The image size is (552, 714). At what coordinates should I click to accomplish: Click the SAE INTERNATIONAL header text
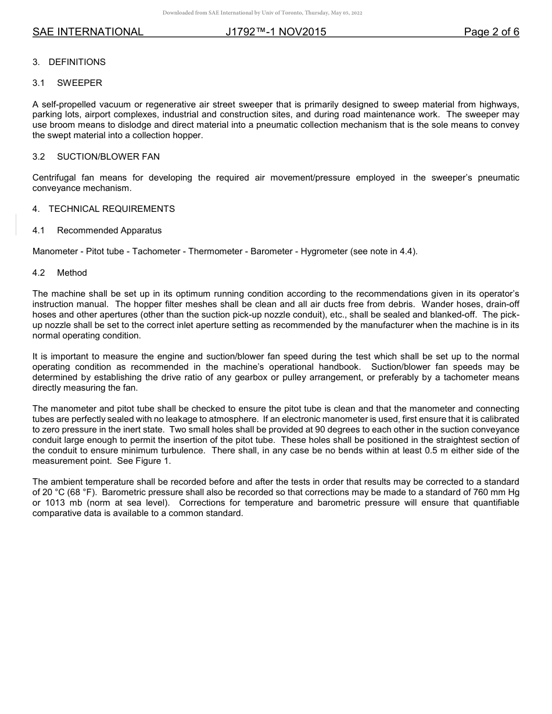click(x=88, y=32)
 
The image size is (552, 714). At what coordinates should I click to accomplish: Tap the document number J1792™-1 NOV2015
click(x=276, y=32)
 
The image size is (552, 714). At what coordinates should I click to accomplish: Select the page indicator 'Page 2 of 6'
click(x=492, y=32)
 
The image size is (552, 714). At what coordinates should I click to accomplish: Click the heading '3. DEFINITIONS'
click(x=69, y=62)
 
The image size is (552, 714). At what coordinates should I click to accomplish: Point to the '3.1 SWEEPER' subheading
click(x=67, y=83)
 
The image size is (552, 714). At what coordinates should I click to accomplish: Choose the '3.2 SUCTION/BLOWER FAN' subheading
click(x=96, y=157)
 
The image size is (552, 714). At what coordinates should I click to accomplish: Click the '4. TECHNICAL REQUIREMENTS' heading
click(x=103, y=209)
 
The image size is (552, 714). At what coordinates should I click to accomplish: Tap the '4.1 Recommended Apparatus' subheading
click(x=97, y=230)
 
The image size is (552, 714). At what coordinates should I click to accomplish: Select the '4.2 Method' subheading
click(x=60, y=273)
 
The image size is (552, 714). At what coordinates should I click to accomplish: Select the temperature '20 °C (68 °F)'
click(x=64, y=492)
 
